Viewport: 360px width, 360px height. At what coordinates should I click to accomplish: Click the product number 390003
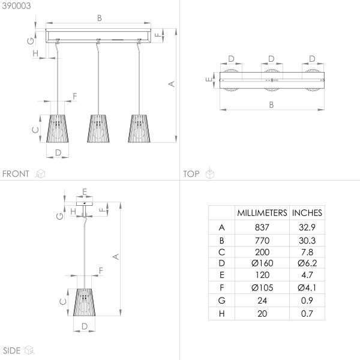(x=16, y=6)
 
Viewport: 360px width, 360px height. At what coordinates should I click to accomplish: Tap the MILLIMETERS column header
(x=262, y=213)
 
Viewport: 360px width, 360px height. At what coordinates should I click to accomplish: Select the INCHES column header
(x=307, y=213)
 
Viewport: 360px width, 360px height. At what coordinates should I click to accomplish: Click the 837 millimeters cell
(x=262, y=227)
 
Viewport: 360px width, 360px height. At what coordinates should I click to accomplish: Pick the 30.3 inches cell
(x=307, y=241)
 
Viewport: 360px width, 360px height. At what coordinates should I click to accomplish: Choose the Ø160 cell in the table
(x=262, y=263)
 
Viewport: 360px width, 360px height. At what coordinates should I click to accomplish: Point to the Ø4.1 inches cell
(x=307, y=287)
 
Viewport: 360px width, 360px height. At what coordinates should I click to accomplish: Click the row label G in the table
(x=221, y=301)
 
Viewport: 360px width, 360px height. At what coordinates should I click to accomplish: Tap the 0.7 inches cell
(x=307, y=314)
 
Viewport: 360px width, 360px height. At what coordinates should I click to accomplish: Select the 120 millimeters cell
(x=262, y=275)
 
